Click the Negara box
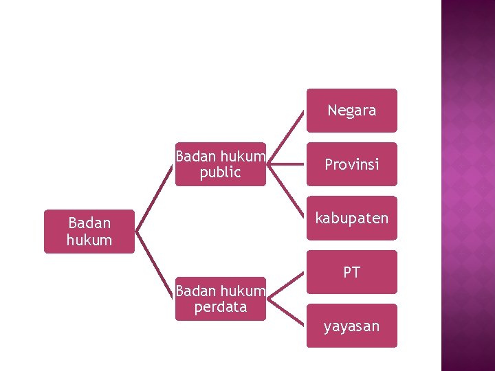pyautogui.click(x=351, y=110)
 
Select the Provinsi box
pyautogui.click(x=351, y=164)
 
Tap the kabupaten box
pyautogui.click(x=351, y=218)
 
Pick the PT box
pyautogui.click(x=351, y=272)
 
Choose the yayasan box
pyautogui.click(x=351, y=326)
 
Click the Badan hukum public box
pyautogui.click(x=220, y=164)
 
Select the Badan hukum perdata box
pyautogui.click(x=220, y=299)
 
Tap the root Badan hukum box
pyautogui.click(x=89, y=232)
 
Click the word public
pyautogui.click(x=220, y=172)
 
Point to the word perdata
pyautogui.click(x=220, y=307)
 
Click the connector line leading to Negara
pyautogui.click(x=285, y=136)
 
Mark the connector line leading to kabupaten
pyautogui.click(x=285, y=192)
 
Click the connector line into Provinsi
pyautogui.click(x=286, y=164)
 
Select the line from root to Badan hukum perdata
pyautogui.click(x=155, y=265)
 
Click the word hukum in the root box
pyautogui.click(x=89, y=240)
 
